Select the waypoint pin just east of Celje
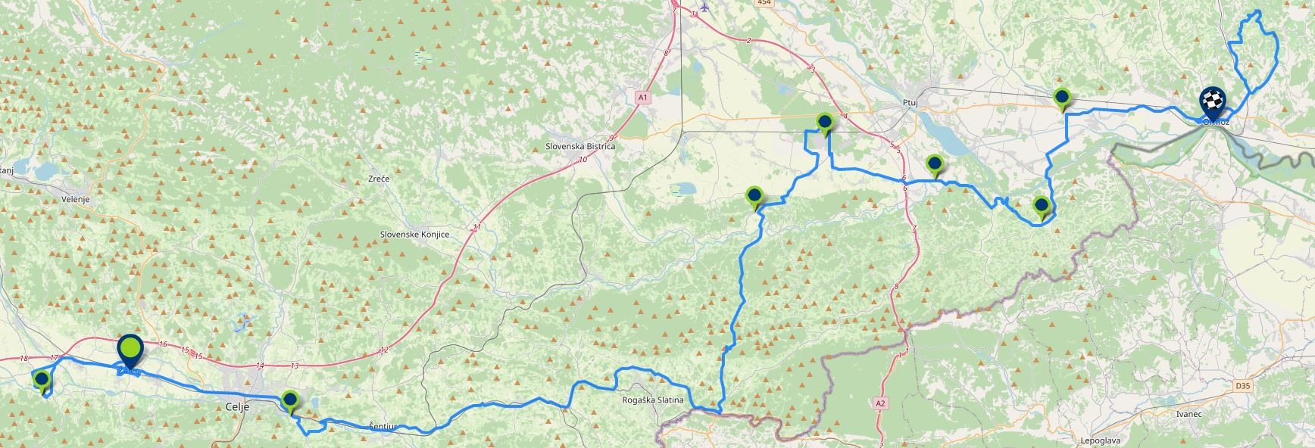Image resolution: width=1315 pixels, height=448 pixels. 289,400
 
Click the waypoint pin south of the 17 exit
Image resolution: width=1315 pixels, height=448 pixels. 42,380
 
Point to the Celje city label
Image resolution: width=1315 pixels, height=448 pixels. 238,407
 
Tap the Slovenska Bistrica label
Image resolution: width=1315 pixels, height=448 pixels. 581,146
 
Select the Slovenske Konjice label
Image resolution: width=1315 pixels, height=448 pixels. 414,235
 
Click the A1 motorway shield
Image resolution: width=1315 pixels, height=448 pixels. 642,98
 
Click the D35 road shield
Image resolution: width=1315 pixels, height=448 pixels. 1243,386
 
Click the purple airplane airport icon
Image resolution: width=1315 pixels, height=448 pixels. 706,8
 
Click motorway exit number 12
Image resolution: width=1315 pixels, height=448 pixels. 384,350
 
